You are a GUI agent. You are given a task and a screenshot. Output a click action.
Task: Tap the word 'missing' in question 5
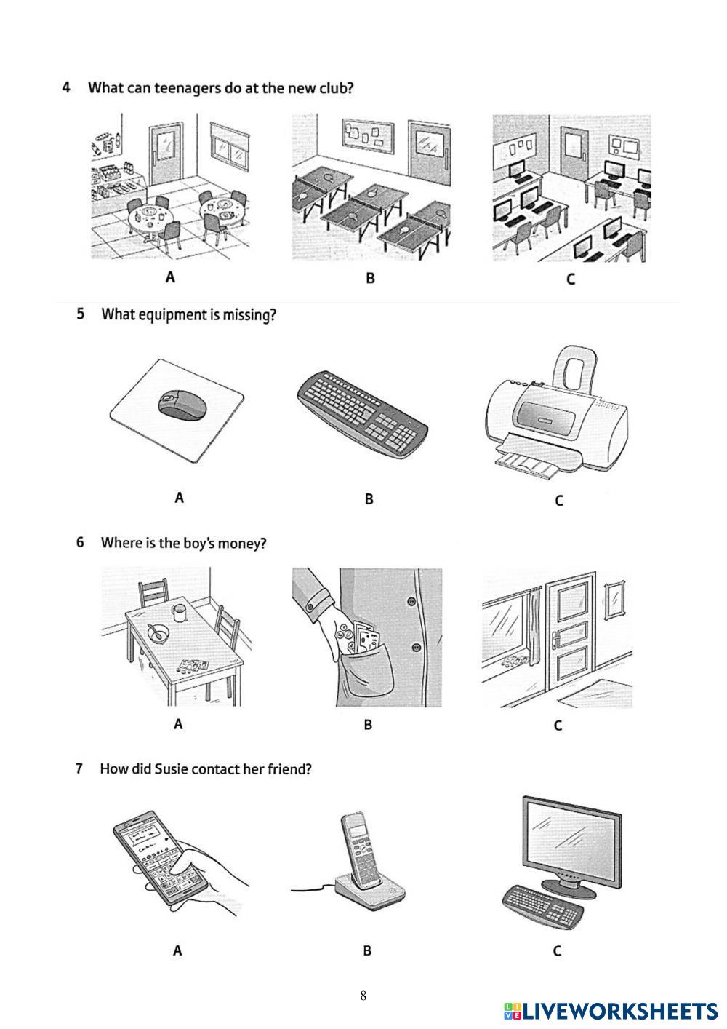252,316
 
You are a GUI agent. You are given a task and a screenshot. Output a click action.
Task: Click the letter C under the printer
558,501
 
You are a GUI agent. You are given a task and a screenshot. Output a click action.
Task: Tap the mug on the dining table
178,612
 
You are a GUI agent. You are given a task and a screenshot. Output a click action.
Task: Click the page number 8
363,996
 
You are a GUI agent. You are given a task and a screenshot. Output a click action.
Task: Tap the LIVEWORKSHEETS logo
610,1011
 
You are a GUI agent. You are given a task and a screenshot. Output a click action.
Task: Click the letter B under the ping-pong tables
370,278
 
